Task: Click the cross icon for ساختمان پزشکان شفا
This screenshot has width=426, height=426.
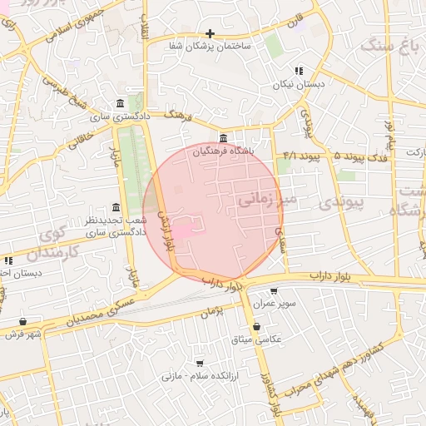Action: tap(211, 34)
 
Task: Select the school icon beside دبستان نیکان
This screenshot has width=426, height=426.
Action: tap(299, 72)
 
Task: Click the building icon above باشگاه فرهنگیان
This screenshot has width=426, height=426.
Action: tap(222, 138)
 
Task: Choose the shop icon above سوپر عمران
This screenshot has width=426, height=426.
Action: tap(274, 292)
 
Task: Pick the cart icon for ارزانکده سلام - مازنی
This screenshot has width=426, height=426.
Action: tap(200, 363)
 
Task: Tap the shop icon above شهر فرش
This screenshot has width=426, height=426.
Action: tap(22, 321)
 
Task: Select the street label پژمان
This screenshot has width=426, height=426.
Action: tap(213, 311)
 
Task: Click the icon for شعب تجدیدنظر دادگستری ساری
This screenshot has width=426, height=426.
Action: tap(116, 208)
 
